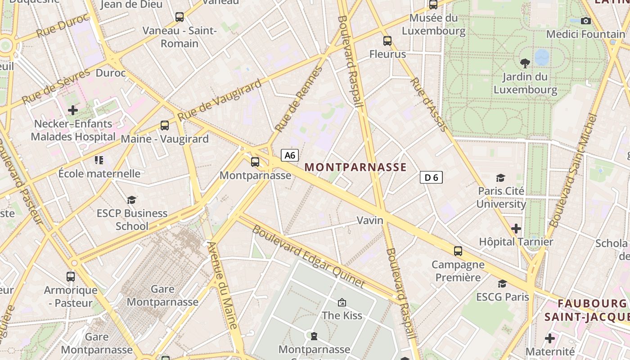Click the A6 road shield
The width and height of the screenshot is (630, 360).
coord(290,155)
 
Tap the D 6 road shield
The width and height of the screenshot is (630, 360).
coord(431,177)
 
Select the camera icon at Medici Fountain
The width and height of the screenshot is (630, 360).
coord(585,21)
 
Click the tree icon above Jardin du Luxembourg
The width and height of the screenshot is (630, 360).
coord(525,63)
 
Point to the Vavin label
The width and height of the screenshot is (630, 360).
coord(370,220)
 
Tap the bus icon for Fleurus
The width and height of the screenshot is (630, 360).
coord(387,41)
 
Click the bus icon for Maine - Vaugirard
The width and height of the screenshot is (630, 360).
coord(165,126)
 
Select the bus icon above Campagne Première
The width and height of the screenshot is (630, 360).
coord(458,251)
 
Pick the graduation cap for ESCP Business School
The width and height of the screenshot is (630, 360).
coord(131,199)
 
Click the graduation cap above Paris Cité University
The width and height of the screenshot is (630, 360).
coord(500,178)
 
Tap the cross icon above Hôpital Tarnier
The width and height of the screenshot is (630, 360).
coord(516,229)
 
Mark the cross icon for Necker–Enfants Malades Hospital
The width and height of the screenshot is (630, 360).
coord(72,110)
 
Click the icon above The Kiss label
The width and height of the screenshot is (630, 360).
coord(342,302)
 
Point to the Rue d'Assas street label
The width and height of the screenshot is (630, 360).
coord(429,104)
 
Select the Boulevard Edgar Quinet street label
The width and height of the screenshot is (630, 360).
coord(308,256)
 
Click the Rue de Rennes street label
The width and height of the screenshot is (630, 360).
coord(299,99)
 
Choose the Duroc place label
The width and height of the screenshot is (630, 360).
coord(111,73)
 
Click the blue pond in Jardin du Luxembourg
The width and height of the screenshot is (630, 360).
coord(542,58)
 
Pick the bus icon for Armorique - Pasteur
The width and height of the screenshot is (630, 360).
coord(71,276)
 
